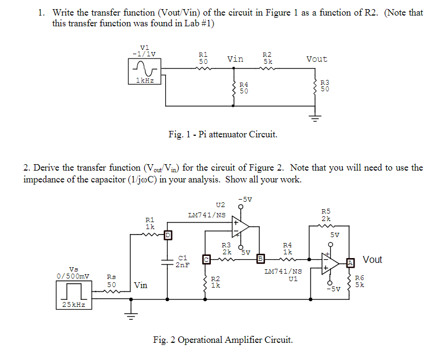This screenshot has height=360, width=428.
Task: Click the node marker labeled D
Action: (167, 234)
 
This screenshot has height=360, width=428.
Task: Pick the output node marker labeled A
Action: (350, 262)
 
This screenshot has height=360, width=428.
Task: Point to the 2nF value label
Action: (183, 265)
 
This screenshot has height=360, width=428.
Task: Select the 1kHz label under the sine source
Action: (144, 80)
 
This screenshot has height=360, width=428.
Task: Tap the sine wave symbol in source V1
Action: (144, 68)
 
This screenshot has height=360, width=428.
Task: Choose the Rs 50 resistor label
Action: (112, 281)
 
